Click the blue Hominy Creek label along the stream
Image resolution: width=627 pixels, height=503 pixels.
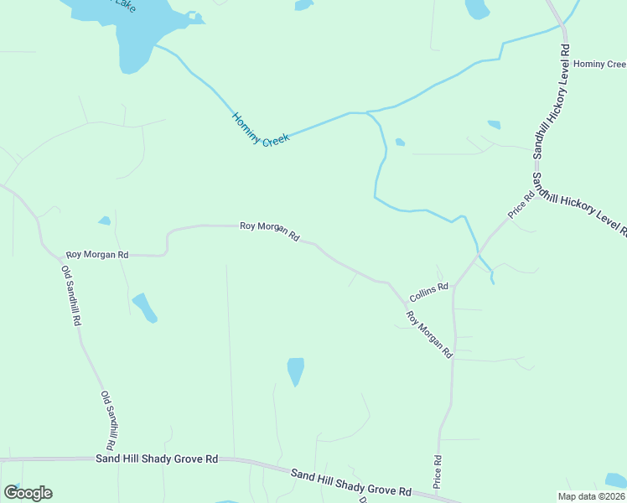260,130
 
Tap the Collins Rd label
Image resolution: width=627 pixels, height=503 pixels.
428,292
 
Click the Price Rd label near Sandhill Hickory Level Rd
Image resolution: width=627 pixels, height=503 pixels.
521,206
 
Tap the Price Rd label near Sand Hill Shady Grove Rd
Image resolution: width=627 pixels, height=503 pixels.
438,472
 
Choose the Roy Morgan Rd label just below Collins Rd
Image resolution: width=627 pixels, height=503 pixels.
429,335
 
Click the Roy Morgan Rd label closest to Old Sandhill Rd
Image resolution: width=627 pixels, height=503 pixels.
97,254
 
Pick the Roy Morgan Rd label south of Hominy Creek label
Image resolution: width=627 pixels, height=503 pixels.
269,230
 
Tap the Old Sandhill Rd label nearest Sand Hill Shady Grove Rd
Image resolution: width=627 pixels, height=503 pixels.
109,418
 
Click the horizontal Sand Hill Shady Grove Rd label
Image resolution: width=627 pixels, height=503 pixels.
157,459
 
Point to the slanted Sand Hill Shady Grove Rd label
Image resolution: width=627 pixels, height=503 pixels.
351,483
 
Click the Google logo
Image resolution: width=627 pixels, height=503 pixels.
28,493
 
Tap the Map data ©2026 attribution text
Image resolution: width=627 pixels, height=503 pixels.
592,496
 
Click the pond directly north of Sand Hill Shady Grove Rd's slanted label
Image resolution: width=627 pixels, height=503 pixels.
295,371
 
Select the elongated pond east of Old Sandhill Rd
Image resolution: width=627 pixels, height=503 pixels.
144,307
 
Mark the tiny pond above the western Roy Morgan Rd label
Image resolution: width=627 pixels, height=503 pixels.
104,221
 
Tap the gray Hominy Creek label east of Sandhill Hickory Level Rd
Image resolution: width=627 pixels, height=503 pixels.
599,64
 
